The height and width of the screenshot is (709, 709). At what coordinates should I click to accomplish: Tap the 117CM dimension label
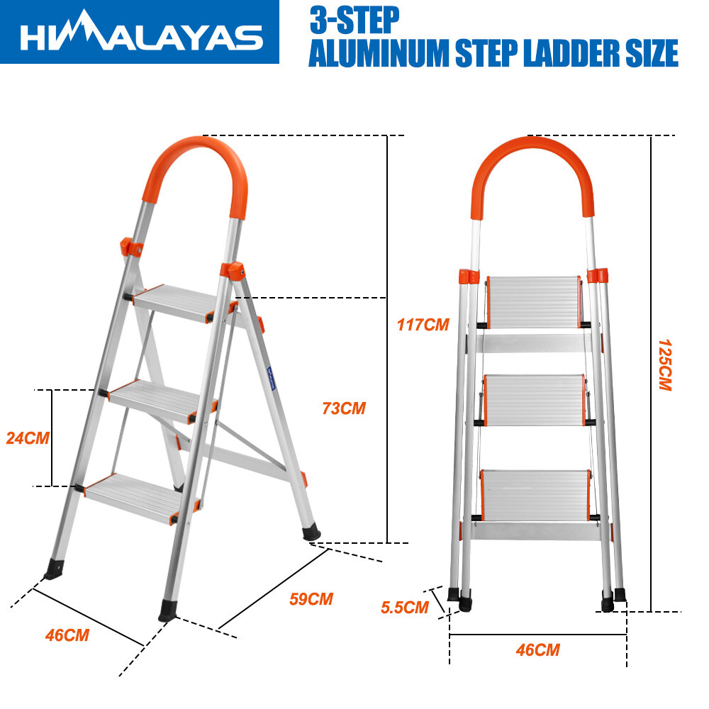click(423, 325)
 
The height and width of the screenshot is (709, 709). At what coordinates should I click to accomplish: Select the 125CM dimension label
click(665, 365)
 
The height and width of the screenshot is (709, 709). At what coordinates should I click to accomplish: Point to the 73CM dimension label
click(344, 408)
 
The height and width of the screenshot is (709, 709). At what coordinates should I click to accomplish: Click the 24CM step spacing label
click(28, 437)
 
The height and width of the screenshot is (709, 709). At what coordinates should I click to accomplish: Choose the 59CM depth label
click(311, 599)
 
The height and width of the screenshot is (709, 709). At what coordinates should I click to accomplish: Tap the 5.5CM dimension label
click(405, 608)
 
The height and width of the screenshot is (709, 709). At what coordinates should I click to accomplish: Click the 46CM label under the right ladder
click(537, 650)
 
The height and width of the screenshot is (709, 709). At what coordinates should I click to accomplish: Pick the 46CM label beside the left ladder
click(67, 635)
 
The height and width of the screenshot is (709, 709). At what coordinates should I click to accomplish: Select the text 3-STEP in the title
click(354, 20)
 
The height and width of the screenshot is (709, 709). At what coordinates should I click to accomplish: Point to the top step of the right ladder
click(534, 301)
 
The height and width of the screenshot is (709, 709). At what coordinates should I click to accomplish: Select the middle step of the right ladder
click(535, 400)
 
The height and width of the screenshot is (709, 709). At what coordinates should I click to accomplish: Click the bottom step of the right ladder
click(535, 495)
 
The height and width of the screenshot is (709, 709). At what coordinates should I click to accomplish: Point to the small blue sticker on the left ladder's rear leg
click(271, 378)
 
